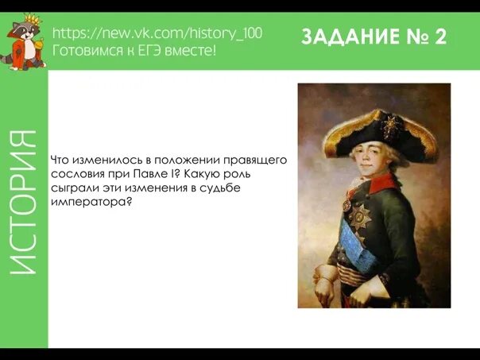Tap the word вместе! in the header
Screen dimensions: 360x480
(195, 50)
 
